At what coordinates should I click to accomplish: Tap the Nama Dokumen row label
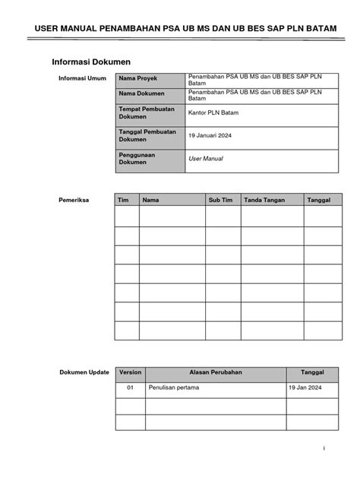(x=140, y=95)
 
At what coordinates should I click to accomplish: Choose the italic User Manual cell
(x=205, y=159)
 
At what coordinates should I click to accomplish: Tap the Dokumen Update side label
(x=84, y=373)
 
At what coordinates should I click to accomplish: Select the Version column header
(x=130, y=373)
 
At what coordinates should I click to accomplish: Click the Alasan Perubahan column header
(x=215, y=373)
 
